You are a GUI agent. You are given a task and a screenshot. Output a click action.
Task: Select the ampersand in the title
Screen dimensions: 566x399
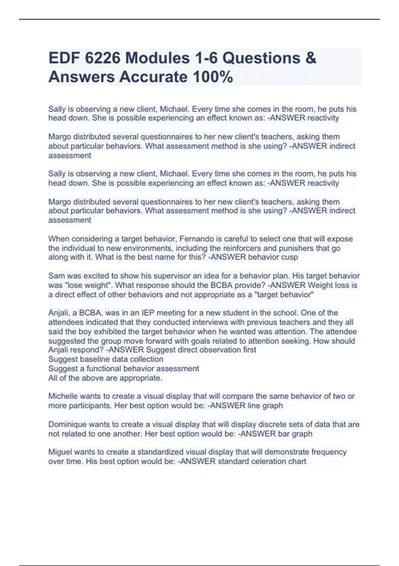(310, 58)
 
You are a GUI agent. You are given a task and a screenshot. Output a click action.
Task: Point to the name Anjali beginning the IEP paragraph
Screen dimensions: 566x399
(59, 313)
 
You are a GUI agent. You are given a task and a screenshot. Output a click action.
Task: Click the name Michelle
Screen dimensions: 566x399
(63, 396)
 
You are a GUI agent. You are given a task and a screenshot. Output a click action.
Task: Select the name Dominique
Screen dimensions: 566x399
(66, 424)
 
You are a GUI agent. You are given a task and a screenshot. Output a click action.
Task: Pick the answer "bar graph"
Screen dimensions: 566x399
(295, 434)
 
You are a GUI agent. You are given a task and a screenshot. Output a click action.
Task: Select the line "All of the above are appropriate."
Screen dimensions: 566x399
(105, 378)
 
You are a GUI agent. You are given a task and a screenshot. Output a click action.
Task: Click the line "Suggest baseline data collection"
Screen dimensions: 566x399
(106, 359)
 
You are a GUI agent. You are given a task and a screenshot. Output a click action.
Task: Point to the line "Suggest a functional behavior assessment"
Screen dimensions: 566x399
(124, 369)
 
